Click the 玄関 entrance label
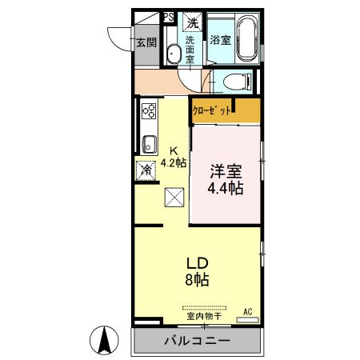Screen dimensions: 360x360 click(145, 43)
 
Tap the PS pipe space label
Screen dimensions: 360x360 click(168, 15)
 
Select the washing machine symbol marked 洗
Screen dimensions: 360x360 click(193, 22)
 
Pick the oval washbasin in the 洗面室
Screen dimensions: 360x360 click(173, 54)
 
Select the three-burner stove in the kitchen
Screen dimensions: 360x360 click(148, 111)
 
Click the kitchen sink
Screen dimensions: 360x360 click(148, 145)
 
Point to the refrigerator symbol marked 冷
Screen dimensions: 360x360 click(146, 170)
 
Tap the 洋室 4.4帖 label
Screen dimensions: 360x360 click(226, 180)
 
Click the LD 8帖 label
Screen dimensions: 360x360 click(197, 272)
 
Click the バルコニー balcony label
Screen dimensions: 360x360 click(198, 341)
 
